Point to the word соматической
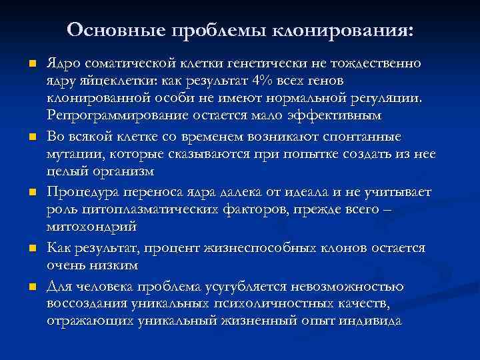point(129,64)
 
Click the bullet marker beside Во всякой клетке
point(31,137)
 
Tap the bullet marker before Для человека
point(31,287)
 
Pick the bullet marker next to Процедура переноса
point(31,193)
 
